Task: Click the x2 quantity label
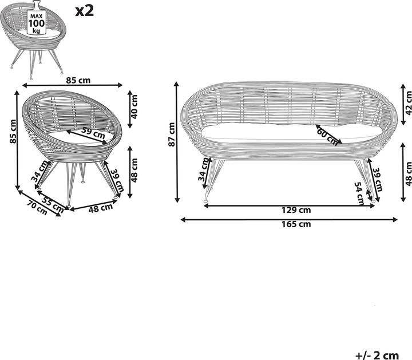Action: coord(84,11)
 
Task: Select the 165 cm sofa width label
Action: coord(296,224)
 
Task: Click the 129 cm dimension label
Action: coord(296,210)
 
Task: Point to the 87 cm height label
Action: coord(171,134)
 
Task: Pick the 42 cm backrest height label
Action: coord(408,103)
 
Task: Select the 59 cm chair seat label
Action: coord(93,133)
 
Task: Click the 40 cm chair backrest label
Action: coord(134,107)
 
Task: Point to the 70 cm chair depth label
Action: coord(38,208)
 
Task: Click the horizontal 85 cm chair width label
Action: coord(78,80)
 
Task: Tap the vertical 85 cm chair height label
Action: coord(13,132)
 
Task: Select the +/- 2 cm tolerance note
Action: coord(377,355)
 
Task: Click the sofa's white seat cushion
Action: coord(292,133)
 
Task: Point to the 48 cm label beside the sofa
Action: coord(408,174)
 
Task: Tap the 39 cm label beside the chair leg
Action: coord(117,180)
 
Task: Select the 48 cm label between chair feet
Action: coord(101,208)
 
